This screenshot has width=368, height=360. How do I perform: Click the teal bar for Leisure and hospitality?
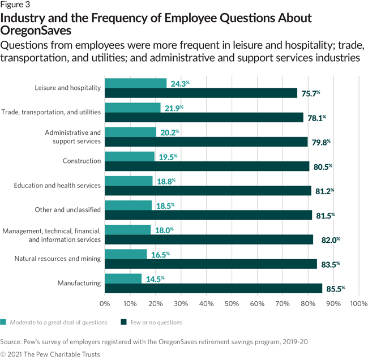136,83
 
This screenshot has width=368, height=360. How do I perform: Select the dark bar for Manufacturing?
213,288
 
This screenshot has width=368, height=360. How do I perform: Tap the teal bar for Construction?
130,156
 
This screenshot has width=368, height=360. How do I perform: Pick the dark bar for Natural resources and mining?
211,264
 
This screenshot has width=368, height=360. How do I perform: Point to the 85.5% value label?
335,289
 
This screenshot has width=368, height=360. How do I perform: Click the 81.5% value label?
325,215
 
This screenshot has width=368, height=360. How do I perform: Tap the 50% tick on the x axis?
232,303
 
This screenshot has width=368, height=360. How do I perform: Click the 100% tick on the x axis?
358,303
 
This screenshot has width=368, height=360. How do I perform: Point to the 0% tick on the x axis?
105,303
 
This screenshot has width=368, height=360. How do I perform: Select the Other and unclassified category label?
67,209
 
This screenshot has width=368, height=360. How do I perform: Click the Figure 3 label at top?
15,5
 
